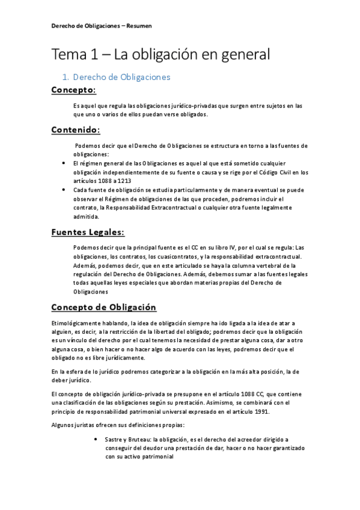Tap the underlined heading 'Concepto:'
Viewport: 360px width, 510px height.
pos(73,90)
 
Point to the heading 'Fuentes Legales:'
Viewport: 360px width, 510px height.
pos(88,232)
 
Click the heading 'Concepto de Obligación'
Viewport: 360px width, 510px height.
pos(104,307)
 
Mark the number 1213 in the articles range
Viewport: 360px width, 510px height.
pos(122,180)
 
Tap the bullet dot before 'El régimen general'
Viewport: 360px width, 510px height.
pos(64,163)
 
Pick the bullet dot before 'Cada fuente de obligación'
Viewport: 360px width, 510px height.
pos(64,189)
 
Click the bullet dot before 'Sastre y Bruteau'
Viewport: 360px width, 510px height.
pos(97,440)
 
